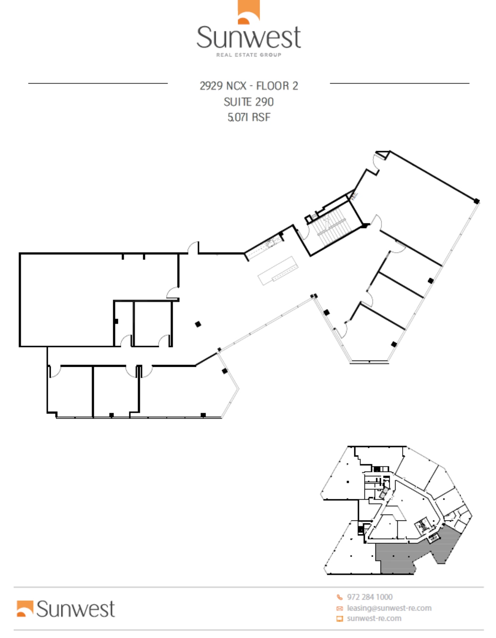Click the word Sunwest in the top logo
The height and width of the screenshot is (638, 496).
pyautogui.click(x=249, y=38)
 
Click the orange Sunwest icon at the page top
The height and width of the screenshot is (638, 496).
pyautogui.click(x=249, y=12)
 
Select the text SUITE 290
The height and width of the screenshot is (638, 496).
pyautogui.click(x=249, y=102)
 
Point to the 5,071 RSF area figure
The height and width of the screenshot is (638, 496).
pyautogui.click(x=249, y=117)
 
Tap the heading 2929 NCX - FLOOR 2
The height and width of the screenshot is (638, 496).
pyautogui.click(x=249, y=86)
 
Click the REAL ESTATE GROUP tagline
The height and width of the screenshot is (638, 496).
pyautogui.click(x=249, y=55)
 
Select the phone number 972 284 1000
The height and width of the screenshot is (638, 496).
pyautogui.click(x=370, y=597)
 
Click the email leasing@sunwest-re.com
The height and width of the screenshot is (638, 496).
pyautogui.click(x=389, y=608)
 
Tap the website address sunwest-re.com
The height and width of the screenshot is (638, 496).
pyautogui.click(x=374, y=619)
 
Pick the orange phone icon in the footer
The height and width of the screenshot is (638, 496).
pyautogui.click(x=339, y=597)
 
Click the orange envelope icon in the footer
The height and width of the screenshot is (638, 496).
pyautogui.click(x=339, y=608)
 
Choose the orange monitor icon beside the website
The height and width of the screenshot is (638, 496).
pyautogui.click(x=339, y=619)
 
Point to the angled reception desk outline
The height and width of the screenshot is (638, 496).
pyautogui.click(x=278, y=270)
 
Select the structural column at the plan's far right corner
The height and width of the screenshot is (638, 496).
pyautogui.click(x=477, y=201)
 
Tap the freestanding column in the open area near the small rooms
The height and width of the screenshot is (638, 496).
pyautogui.click(x=198, y=324)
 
